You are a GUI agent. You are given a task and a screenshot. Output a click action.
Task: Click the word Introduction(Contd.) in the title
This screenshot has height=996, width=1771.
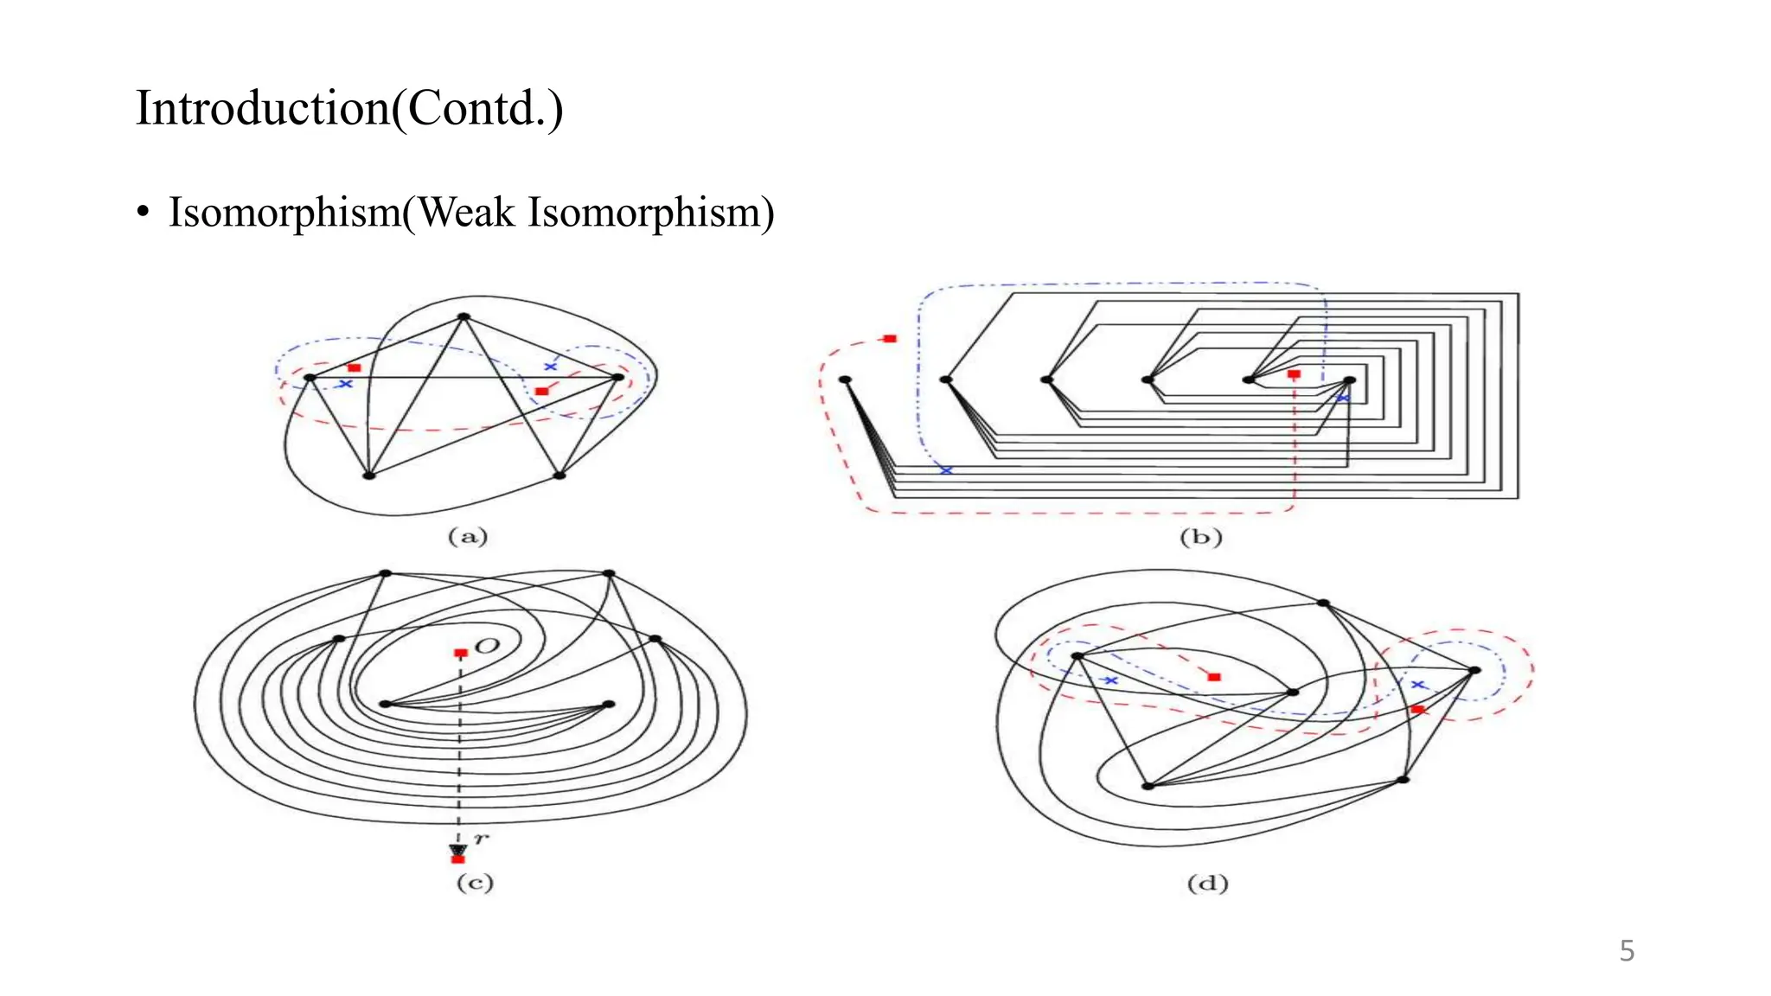click(x=349, y=109)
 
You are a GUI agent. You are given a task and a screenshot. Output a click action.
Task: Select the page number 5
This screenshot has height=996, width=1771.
click(x=1626, y=951)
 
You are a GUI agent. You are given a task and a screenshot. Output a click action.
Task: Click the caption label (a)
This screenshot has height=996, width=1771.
click(x=468, y=537)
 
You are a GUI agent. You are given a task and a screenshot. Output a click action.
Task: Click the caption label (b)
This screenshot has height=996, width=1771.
click(x=1200, y=538)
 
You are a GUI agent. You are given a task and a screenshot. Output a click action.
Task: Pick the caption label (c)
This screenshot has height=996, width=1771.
click(x=475, y=883)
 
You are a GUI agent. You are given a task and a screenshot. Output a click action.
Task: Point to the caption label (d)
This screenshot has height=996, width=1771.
click(x=1207, y=884)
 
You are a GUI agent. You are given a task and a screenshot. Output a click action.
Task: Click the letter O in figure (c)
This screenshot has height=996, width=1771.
click(x=488, y=646)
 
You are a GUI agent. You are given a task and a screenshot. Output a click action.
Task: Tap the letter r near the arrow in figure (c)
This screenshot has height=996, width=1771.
click(x=481, y=838)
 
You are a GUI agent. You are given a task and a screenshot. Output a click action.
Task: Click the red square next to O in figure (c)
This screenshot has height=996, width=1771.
click(x=461, y=653)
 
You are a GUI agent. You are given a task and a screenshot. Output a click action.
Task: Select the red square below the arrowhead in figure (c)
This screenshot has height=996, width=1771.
click(x=458, y=859)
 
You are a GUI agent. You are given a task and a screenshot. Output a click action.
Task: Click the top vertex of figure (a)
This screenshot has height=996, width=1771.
click(x=464, y=317)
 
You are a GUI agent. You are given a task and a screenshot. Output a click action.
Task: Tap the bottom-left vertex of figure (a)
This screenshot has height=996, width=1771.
click(x=368, y=476)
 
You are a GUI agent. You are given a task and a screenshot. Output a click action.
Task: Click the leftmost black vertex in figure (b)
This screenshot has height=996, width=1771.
click(x=845, y=380)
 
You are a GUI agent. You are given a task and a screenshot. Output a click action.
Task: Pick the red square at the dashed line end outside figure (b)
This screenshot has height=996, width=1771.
click(x=890, y=339)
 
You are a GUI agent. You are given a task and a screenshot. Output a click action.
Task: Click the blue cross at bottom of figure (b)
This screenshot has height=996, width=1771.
click(x=946, y=470)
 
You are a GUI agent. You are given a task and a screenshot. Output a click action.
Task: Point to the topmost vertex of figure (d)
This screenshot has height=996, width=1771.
click(x=1323, y=603)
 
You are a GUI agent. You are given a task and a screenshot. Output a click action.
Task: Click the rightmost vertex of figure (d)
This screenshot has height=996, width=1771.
click(x=1475, y=670)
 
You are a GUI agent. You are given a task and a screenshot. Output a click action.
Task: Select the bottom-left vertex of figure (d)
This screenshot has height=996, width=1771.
click(x=1148, y=786)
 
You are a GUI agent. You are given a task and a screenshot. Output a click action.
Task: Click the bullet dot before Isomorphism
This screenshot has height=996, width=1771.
click(x=144, y=213)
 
